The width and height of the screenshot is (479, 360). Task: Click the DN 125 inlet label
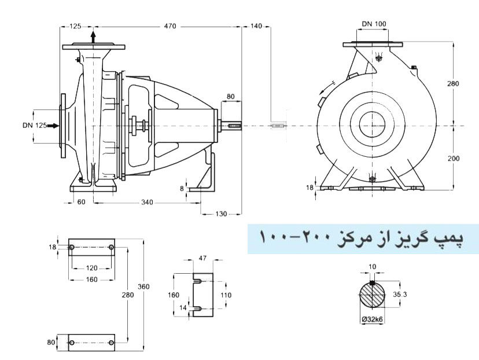(x=33, y=125)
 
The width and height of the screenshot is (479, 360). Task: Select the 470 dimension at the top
(x=170, y=26)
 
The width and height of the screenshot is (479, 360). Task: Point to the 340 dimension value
(x=147, y=202)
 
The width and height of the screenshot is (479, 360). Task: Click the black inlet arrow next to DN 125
(x=53, y=125)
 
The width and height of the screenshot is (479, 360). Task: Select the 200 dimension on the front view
(x=454, y=158)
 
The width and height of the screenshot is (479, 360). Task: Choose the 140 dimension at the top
(x=257, y=26)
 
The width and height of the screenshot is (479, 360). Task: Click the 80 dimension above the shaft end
(x=230, y=96)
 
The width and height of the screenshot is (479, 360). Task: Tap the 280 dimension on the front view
(x=454, y=83)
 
